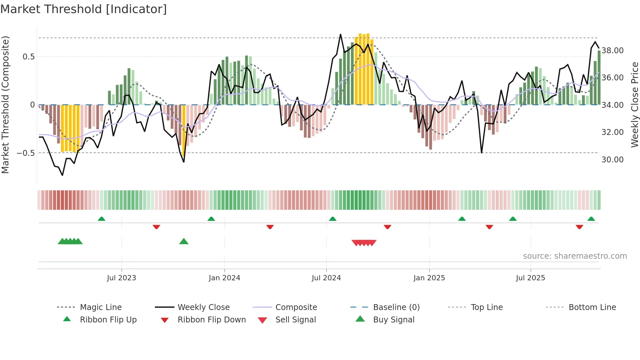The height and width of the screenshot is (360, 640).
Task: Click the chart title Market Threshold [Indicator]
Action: [x=84, y=9]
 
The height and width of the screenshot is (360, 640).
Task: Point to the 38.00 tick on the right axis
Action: [x=612, y=51]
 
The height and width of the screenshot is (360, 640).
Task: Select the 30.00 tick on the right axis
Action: [x=612, y=160]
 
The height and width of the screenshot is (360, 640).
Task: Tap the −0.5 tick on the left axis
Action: [x=26, y=153]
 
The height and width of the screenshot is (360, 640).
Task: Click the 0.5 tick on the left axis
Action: [x=28, y=57]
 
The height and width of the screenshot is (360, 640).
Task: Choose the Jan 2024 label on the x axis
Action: [x=224, y=278]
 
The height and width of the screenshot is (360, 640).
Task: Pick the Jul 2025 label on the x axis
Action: [x=530, y=278]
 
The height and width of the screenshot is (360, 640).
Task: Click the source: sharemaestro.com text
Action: [x=575, y=256]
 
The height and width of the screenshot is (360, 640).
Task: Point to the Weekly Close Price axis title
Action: [x=634, y=105]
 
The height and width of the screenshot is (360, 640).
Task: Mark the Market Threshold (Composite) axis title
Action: [x=5, y=105]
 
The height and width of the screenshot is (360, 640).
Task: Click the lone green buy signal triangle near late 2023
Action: [x=184, y=242]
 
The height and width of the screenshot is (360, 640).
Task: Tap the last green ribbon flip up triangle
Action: [x=591, y=219]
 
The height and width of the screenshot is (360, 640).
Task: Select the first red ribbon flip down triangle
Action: [x=156, y=227]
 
